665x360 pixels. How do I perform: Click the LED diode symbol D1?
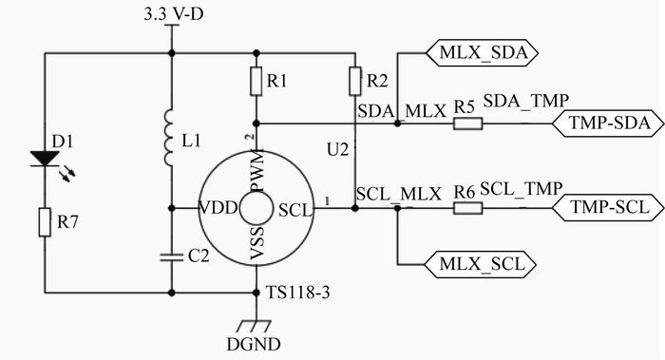pos(45,159)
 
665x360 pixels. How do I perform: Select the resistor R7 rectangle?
pos(45,221)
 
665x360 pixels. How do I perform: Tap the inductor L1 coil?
pos(169,137)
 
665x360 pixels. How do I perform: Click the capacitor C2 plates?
pos(172,257)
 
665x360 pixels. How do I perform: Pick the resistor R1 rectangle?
pos(256,81)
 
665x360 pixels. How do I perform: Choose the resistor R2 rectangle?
pos(355,81)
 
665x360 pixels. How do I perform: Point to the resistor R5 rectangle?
pos(467,123)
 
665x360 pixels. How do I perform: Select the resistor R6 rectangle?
pos(467,208)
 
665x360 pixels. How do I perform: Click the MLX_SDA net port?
pos(482,53)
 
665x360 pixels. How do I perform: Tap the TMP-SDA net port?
pos(608,123)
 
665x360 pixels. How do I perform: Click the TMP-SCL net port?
pos(608,208)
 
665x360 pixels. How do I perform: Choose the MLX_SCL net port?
pos(481,264)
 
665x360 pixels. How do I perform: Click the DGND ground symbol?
pos(254,326)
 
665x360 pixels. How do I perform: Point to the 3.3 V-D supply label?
pos(174,15)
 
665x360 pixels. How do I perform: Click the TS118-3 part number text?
pos(297,293)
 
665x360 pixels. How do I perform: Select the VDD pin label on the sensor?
pos(218,208)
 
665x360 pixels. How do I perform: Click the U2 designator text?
pos(338,149)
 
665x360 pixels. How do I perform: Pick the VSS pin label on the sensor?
pos(257,242)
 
